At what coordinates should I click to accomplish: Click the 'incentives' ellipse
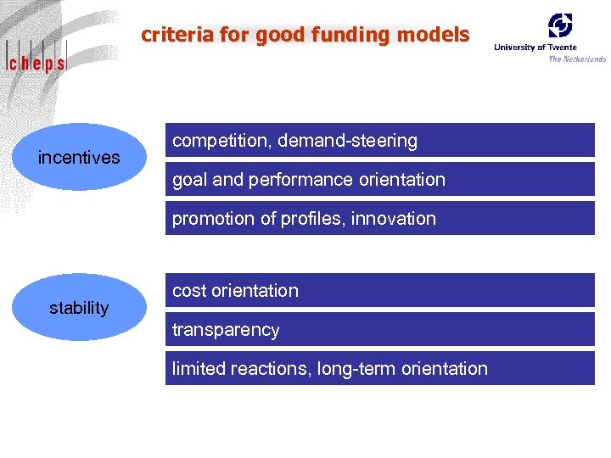point(79,157)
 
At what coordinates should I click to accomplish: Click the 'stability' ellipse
point(79,307)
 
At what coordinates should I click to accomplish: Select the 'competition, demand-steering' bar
point(379,141)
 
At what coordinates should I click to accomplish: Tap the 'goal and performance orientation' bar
point(379,180)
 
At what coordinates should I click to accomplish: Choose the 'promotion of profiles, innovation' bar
point(379,219)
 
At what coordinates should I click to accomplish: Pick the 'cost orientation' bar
point(379,291)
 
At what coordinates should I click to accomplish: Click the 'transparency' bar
point(379,330)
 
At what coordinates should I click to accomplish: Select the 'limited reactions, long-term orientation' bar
point(379,369)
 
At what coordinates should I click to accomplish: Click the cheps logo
point(36,60)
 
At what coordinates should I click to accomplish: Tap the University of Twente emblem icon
point(559,25)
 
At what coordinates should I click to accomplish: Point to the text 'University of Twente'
point(535,47)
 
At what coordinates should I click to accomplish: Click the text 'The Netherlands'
point(577,59)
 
